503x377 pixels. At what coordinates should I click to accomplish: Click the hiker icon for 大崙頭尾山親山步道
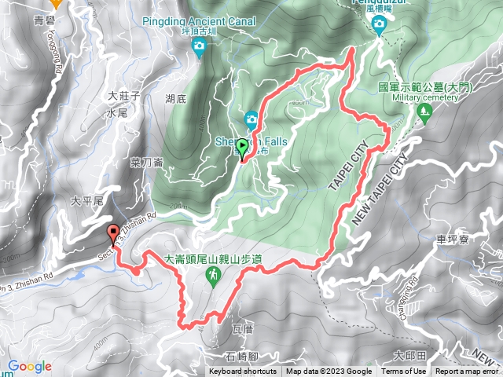(213, 275)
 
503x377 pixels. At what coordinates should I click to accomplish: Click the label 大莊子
(123, 95)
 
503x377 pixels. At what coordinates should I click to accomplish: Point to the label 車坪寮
(450, 238)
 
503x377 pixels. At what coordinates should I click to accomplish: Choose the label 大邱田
(409, 355)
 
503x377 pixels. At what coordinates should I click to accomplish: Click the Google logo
(30, 366)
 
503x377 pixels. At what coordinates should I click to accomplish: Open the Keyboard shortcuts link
(243, 372)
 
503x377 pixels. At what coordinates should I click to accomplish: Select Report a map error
(468, 372)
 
